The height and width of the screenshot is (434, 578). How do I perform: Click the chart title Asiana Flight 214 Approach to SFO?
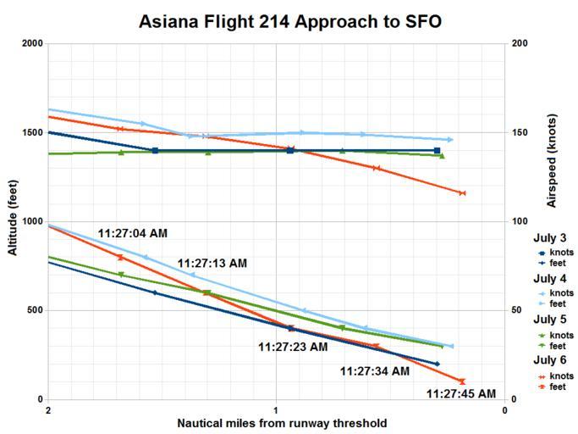289,21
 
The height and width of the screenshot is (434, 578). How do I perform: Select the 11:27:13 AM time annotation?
212,264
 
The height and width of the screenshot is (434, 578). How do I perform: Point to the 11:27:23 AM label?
292,346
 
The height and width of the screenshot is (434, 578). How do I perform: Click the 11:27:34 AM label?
374,370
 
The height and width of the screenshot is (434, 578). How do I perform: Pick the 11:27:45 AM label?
460,393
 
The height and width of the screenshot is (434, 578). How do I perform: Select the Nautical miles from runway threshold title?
282,423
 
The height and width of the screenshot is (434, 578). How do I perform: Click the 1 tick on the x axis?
276,410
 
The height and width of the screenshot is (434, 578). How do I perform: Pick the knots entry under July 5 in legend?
561,335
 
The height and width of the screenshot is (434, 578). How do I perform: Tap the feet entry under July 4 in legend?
557,303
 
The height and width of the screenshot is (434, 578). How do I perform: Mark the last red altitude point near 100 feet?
462,381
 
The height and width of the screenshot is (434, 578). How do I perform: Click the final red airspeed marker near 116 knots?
462,193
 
